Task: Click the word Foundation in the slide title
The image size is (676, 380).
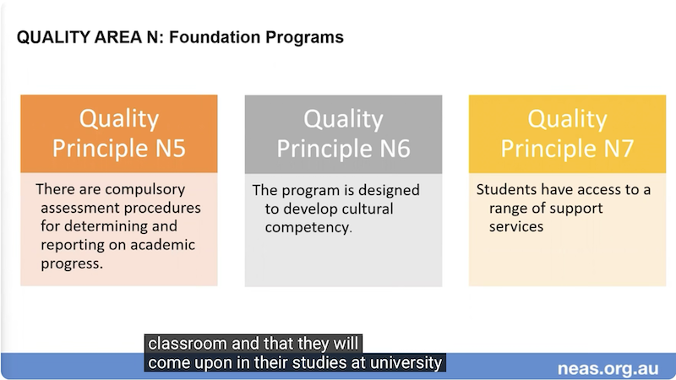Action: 215,37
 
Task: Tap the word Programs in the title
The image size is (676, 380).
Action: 304,38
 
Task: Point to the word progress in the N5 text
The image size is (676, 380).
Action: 71,263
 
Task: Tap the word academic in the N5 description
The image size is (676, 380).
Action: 162,245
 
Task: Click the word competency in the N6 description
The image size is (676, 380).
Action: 307,228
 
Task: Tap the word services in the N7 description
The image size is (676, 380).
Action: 516,226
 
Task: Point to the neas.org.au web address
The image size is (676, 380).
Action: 608,369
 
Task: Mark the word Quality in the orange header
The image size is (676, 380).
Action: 119,119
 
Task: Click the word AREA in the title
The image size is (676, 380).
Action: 118,37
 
